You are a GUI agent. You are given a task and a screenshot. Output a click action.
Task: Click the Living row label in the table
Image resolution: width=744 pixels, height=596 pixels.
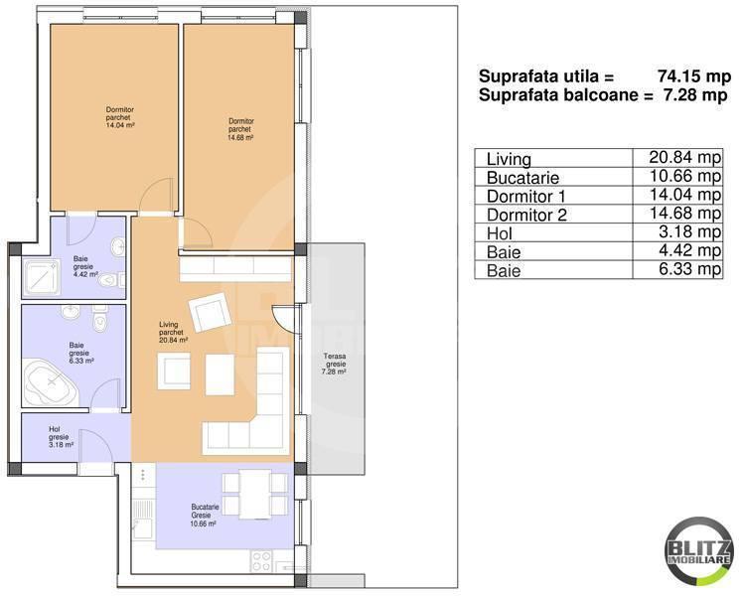510,159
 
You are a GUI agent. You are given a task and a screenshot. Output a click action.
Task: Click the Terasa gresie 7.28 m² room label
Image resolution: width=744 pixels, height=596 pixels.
335,365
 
